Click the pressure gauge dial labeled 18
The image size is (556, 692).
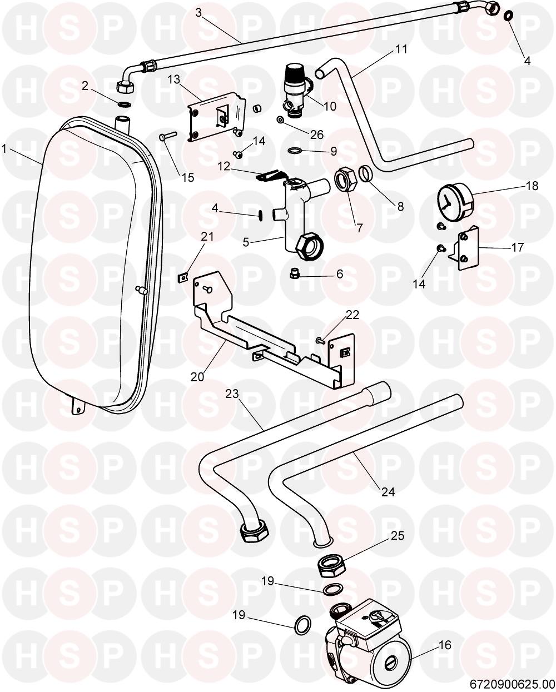click(451, 203)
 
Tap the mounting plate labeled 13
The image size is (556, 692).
click(217, 117)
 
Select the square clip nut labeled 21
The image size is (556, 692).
click(183, 274)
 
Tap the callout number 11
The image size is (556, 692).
click(401, 49)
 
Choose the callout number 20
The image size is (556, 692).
click(197, 376)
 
